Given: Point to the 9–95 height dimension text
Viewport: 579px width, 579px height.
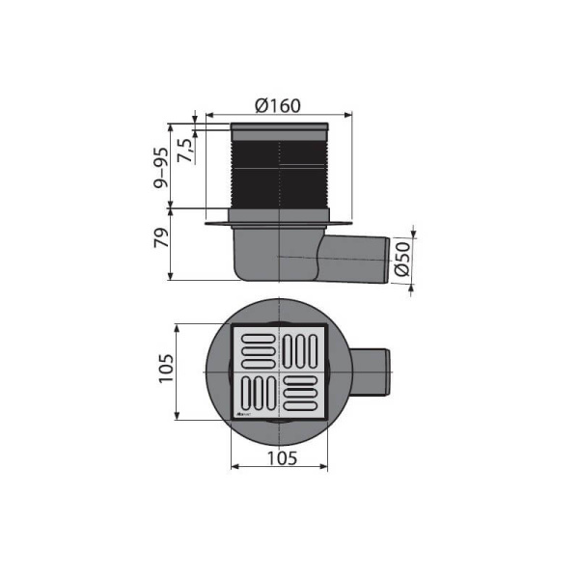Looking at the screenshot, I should point(161,166).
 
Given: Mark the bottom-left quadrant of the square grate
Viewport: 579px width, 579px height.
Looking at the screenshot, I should point(257,395).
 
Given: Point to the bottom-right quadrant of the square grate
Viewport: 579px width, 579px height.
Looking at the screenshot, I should point(302,395).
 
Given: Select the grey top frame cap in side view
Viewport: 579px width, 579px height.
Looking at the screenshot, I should point(280,127).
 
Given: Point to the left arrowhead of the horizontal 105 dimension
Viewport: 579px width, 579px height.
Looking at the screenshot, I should point(234,468).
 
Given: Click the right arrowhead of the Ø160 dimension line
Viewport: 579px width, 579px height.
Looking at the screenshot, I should point(348,115).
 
